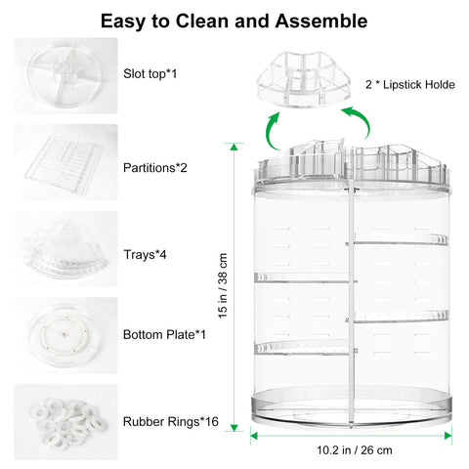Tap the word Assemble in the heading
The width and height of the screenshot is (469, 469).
[321, 21]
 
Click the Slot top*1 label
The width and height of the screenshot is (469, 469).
[149, 74]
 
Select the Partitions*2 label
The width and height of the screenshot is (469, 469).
[155, 168]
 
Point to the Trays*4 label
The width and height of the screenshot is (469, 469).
[145, 255]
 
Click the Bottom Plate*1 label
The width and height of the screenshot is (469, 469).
[164, 335]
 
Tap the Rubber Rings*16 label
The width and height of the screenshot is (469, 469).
[171, 422]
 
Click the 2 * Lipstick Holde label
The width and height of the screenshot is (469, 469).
[410, 85]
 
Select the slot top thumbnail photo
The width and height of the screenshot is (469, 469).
[65, 75]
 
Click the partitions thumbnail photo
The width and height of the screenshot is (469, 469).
[65, 162]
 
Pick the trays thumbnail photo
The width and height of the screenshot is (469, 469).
[65, 249]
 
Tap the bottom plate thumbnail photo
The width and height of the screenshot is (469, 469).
[65, 335]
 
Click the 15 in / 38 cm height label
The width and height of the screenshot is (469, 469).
[223, 286]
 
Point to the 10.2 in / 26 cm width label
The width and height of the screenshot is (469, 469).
[355, 450]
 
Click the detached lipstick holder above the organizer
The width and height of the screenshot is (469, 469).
[304, 79]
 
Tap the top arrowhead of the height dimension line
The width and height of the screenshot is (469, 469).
[234, 147]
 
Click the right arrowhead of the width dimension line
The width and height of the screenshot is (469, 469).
[448, 436]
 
